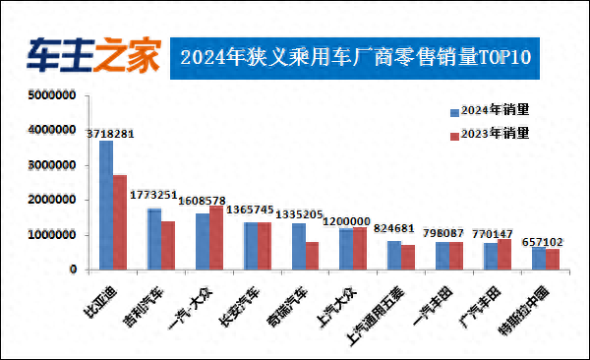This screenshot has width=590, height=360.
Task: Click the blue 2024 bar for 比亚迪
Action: tap(106, 205)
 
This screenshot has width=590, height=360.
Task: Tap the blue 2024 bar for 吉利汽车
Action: tap(154, 238)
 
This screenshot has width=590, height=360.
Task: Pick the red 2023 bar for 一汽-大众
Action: tap(216, 237)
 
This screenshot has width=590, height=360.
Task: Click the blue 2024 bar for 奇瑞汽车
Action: tap(298, 246)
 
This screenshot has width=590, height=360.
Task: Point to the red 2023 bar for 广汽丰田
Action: tap(504, 254)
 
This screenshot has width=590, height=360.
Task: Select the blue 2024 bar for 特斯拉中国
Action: tap(538, 258)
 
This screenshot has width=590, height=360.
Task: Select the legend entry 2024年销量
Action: tap(489, 110)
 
